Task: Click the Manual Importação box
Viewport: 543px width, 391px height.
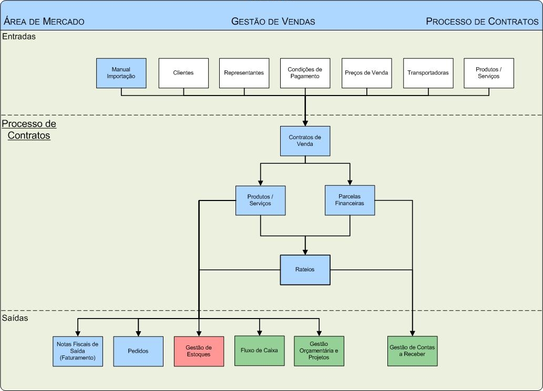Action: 121,73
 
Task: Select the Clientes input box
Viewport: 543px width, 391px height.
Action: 183,73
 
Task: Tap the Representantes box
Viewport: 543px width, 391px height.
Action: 244,73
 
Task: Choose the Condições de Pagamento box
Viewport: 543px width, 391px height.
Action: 305,73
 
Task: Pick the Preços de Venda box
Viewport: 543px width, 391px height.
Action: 366,73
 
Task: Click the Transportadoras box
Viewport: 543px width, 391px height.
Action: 428,73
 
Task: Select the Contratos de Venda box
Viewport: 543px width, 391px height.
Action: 305,141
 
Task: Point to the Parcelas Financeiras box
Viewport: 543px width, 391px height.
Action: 350,200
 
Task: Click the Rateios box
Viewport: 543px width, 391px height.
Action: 305,270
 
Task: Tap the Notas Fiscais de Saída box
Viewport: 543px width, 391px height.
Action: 77,351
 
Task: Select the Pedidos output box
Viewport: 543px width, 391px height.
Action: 138,351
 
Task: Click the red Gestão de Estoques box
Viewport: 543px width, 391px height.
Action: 199,351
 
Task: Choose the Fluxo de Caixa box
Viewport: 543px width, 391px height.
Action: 259,351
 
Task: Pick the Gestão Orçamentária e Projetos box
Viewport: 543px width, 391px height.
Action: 319,351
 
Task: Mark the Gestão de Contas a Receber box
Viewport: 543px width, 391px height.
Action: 412,351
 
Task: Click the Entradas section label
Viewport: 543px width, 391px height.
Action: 19,37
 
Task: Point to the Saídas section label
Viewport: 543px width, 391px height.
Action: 15,318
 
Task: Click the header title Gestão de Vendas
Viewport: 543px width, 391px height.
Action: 273,22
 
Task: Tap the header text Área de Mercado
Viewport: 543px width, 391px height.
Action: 44,22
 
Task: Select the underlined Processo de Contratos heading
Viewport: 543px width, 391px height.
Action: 29,130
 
